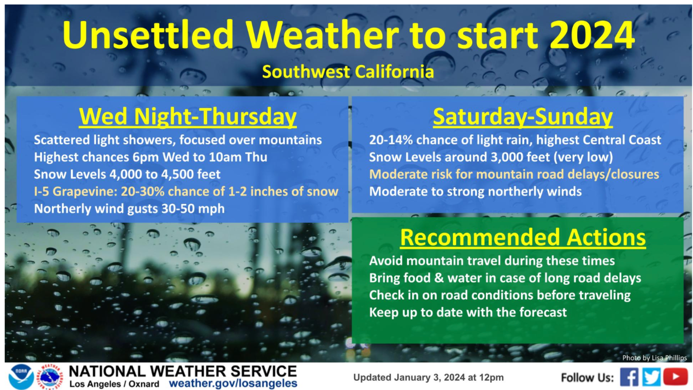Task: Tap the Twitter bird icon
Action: click(x=651, y=377)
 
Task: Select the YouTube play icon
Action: click(x=675, y=376)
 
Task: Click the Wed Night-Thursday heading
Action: click(x=188, y=116)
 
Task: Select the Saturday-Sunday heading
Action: click(x=523, y=116)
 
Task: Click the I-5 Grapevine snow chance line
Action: click(x=186, y=191)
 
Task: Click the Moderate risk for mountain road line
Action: click(x=514, y=174)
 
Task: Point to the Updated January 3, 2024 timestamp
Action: click(x=428, y=377)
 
